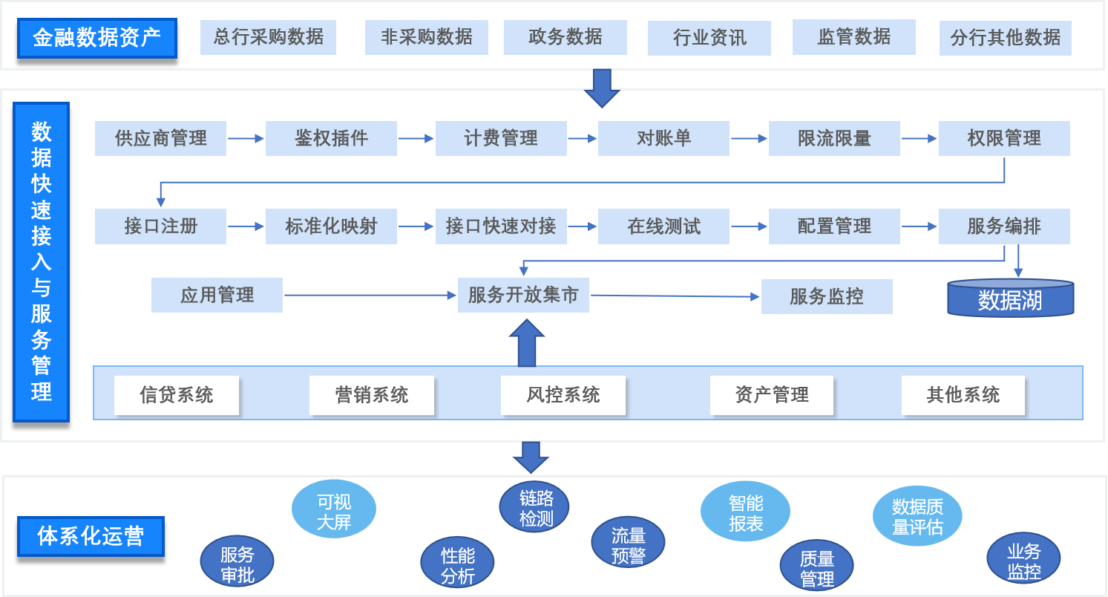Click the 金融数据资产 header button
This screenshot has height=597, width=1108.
(x=96, y=37)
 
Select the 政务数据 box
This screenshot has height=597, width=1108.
(x=565, y=37)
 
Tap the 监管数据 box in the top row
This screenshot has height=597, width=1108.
(x=853, y=37)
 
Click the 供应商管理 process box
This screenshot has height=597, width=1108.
(x=160, y=138)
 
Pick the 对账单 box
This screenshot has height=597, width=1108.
(x=663, y=138)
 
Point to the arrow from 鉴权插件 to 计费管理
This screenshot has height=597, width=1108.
(x=416, y=138)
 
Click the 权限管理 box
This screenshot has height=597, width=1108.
(x=1004, y=138)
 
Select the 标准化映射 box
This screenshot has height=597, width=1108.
(x=331, y=226)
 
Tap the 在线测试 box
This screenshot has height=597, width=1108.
(x=663, y=226)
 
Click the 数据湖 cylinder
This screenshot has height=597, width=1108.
(x=1010, y=298)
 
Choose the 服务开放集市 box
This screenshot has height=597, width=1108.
(x=523, y=296)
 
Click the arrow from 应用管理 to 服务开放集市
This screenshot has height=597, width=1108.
(x=370, y=296)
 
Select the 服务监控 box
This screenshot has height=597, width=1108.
(x=826, y=296)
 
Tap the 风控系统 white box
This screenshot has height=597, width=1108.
(x=563, y=395)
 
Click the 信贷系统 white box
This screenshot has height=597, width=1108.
(x=177, y=395)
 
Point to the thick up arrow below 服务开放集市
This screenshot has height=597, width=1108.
(x=527, y=344)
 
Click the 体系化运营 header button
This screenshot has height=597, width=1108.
(x=91, y=536)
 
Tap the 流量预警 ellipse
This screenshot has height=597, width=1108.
(x=628, y=546)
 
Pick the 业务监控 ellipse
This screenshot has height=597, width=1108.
(x=1023, y=561)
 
